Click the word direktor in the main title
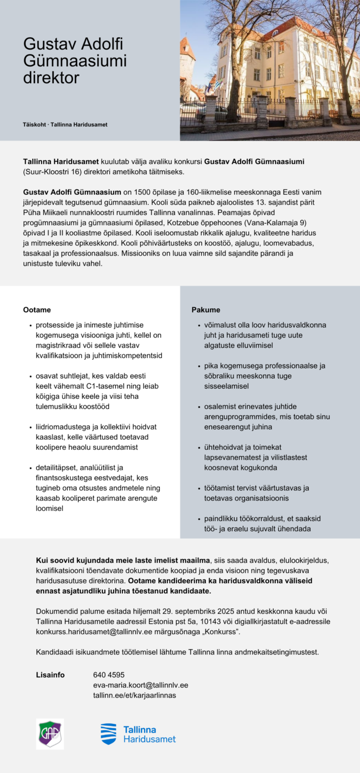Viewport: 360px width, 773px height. pos(51,78)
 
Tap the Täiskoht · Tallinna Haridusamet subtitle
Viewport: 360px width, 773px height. pos(65,124)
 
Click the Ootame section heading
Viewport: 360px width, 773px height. pos(37,310)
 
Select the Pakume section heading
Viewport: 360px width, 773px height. pos(206,310)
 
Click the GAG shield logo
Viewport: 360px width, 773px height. pos(50,734)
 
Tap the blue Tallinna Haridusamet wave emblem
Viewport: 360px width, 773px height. pos(108,734)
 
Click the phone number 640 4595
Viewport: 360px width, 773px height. pos(109,675)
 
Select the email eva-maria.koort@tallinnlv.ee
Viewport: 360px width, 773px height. pos(141,685)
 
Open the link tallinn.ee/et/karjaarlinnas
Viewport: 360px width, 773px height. pos(135,695)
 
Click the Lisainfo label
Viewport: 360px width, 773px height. pos(50,675)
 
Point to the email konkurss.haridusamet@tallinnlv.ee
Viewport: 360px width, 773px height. pos(94,631)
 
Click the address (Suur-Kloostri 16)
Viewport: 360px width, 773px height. pos(52,171)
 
